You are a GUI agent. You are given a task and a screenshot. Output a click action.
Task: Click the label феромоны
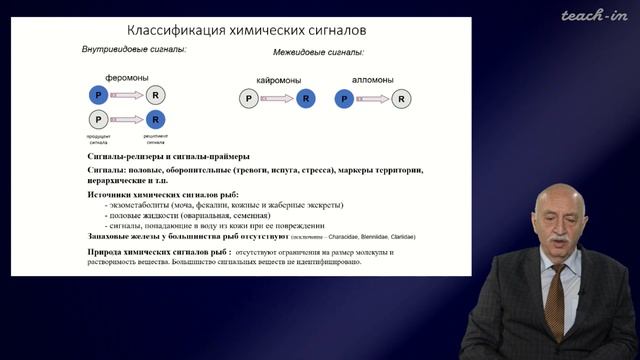[x=125, y=76]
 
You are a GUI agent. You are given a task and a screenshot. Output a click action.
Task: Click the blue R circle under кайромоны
[x=305, y=98]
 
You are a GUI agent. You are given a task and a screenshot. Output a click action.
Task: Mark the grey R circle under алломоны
[x=401, y=98]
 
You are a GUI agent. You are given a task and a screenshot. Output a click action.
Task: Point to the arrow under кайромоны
[x=277, y=98]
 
